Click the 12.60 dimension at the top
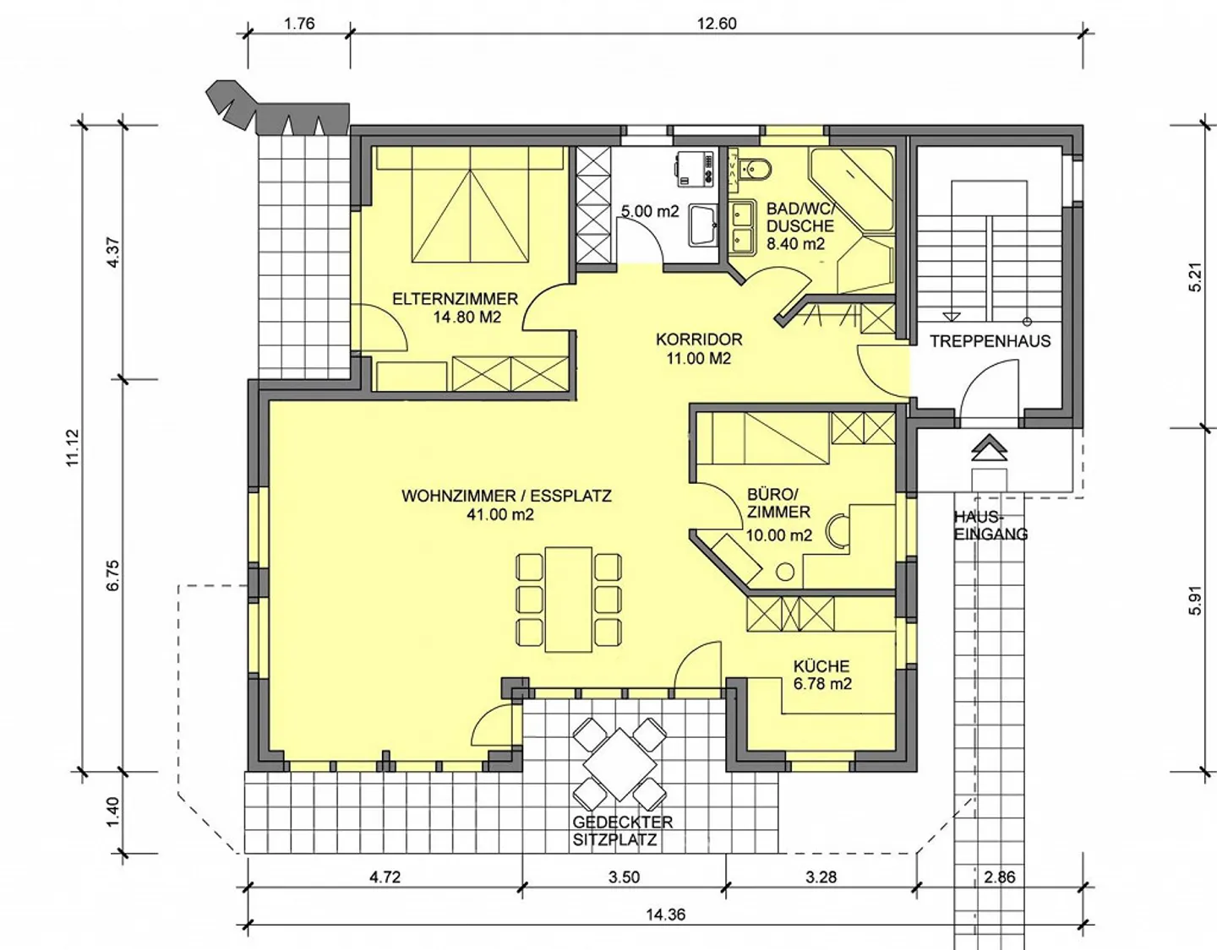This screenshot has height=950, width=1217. [x=717, y=24]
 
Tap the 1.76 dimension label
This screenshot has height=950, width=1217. [x=300, y=24]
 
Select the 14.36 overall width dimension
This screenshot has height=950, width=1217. [x=666, y=915]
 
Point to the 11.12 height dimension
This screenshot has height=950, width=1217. [x=73, y=448]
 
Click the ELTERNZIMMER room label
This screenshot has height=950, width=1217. [x=455, y=299]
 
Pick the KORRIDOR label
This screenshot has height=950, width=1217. [x=699, y=339]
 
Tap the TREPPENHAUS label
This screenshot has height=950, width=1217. [x=991, y=341]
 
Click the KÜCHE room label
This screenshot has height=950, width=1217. [x=821, y=666]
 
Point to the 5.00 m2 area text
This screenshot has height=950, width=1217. [x=650, y=211]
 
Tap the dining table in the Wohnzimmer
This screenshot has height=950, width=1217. [x=569, y=600]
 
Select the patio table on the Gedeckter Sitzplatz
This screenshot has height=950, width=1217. [x=619, y=765]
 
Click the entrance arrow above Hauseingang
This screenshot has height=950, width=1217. [x=989, y=447]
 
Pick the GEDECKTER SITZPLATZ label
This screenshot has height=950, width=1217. [x=622, y=831]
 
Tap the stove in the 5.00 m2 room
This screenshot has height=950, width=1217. [x=695, y=168]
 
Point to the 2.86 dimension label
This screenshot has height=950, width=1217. [x=1000, y=877]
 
